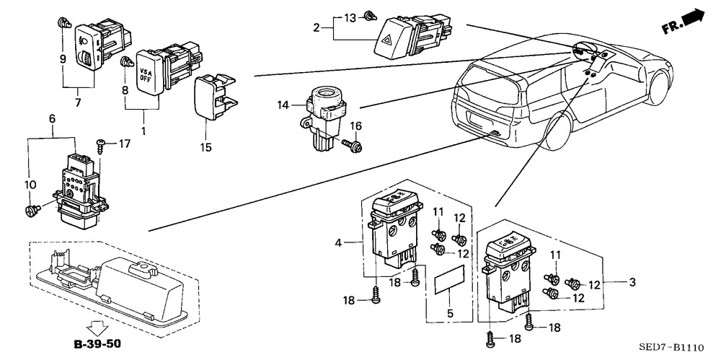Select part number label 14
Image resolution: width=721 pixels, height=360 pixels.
[x=283, y=105]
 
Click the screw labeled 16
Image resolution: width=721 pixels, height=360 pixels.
[x=353, y=145]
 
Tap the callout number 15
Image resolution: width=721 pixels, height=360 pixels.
[x=205, y=147]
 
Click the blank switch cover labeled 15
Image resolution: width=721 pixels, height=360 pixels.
[x=214, y=97]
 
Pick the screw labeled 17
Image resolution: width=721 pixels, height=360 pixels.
[x=100, y=148]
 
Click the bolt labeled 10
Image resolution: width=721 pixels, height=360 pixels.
[x=33, y=210]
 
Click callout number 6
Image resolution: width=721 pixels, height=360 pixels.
[x=52, y=119]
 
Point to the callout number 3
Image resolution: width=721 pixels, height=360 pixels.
[x=632, y=282]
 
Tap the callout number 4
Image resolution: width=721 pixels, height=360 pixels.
[x=339, y=242]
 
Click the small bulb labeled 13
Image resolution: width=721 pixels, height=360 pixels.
[x=369, y=16]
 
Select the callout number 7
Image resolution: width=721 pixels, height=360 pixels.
[x=77, y=102]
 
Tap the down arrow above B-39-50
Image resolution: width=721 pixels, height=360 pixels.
[x=99, y=328]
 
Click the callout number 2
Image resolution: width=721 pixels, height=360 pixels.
[x=316, y=27]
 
